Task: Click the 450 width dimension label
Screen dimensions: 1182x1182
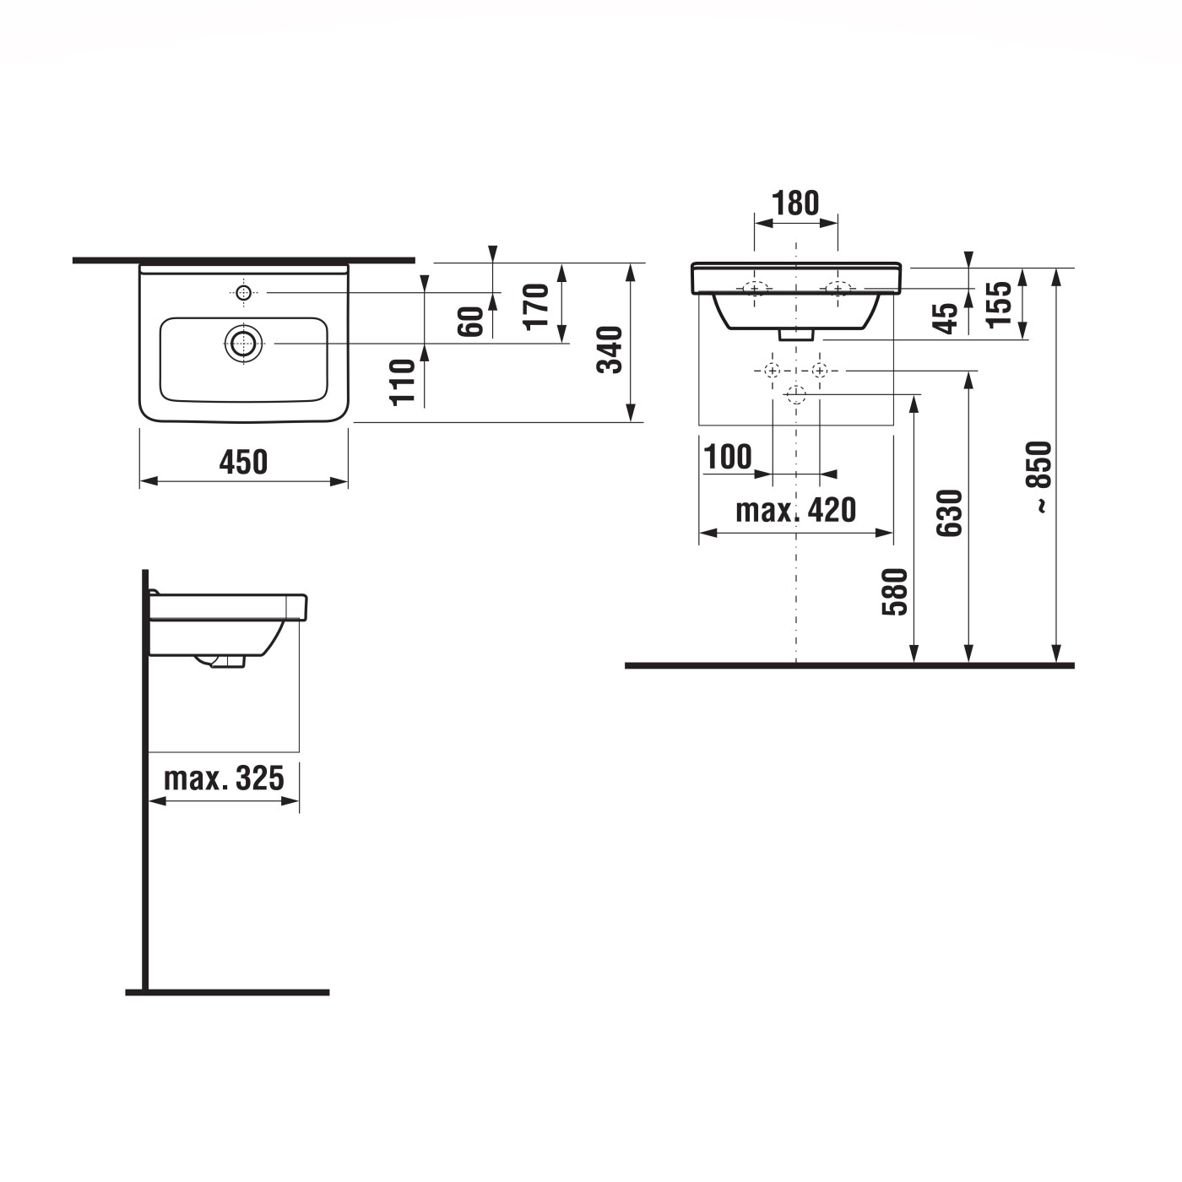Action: point(243,462)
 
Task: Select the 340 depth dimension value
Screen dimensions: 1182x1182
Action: point(610,350)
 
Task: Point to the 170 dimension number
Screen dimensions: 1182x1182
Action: point(536,306)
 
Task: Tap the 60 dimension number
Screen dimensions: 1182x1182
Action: point(471,322)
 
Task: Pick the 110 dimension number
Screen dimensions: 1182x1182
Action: point(404,382)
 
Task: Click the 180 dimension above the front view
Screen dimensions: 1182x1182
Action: point(795,203)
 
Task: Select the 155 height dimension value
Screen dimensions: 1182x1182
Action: point(999,304)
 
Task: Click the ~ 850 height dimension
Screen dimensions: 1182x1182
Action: point(1041,477)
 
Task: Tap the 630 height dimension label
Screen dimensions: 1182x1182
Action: point(950,512)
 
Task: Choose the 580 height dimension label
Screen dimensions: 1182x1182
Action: point(895,591)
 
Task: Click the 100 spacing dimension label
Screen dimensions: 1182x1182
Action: point(727,457)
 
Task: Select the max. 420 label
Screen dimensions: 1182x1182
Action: point(795,510)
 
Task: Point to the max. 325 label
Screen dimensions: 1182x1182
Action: point(224,778)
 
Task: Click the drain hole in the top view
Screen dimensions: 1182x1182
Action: point(243,344)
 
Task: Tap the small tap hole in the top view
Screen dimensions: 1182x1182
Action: point(243,293)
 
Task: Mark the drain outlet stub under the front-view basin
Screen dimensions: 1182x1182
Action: point(796,334)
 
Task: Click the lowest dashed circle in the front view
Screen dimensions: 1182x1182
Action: point(795,394)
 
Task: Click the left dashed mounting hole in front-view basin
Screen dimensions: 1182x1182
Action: point(754,289)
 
